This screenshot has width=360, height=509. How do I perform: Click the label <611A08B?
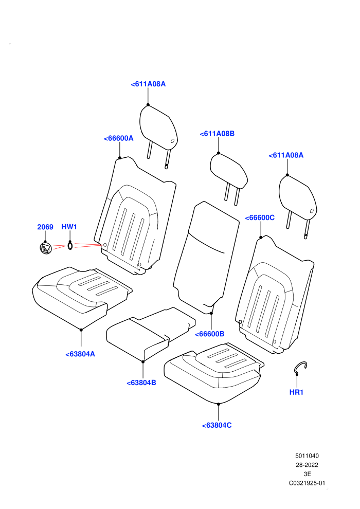click(217, 134)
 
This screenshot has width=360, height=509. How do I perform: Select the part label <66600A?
click(118, 138)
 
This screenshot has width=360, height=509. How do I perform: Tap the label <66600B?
click(209, 334)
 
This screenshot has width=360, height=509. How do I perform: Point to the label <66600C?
click(260, 218)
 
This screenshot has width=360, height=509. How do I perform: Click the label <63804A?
click(80, 354)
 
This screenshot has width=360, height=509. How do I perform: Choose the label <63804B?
click(141, 383)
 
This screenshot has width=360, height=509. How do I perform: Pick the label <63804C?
click(217, 425)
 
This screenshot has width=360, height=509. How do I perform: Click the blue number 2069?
click(45, 227)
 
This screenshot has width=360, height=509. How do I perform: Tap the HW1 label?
click(69, 227)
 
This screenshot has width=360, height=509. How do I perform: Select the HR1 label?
click(296, 392)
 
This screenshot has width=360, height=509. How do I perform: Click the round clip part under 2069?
click(46, 248)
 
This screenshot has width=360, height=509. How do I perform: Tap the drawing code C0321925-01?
click(307, 483)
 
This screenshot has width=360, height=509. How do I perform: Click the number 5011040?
click(307, 456)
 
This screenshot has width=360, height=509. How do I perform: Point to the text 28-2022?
click(307, 465)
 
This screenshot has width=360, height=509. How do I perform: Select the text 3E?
click(307, 474)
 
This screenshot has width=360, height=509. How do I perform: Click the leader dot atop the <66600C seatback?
click(261, 238)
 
